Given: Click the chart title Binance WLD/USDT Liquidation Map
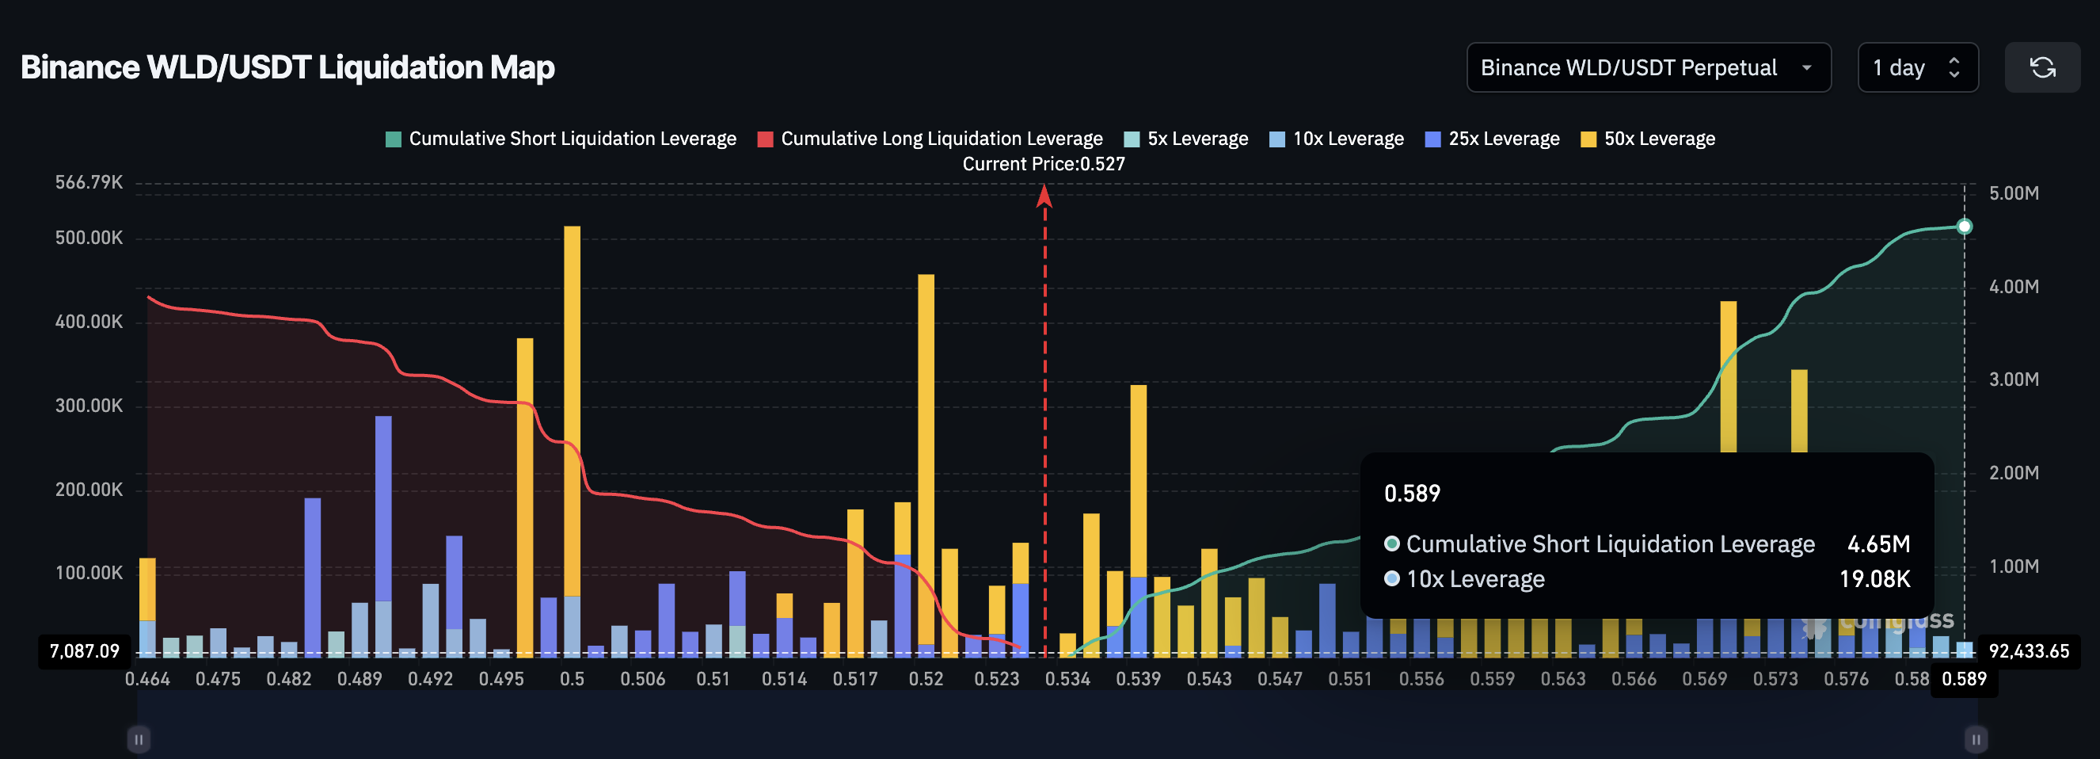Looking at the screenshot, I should click(x=287, y=67).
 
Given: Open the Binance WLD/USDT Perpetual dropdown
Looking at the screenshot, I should click(x=1648, y=67).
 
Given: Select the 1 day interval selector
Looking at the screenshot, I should click(x=1916, y=67).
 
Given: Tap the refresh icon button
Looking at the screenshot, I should click(x=2042, y=67).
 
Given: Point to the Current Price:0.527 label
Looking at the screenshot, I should click(x=1044, y=164).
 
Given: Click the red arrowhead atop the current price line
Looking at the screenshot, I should click(x=1044, y=196).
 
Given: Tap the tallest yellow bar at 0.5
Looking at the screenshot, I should click(x=573, y=408).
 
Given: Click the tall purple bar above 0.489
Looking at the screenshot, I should click(x=383, y=505).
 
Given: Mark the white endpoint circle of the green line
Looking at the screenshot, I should click(x=1965, y=227).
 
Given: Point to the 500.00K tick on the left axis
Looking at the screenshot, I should click(x=89, y=238).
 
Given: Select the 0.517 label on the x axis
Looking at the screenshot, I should click(x=855, y=679).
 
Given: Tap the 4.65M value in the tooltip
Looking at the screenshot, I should click(x=1878, y=544).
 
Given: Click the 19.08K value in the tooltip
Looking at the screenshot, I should click(x=1874, y=579).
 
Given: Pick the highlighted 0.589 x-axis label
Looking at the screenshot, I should click(x=1964, y=679).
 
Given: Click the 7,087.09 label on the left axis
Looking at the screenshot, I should click(x=84, y=651).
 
